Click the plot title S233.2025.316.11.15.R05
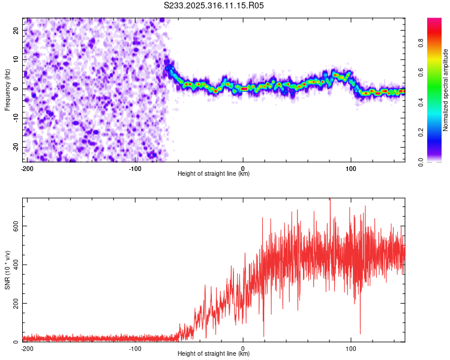coord(214,5)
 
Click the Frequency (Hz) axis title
coord(7,89)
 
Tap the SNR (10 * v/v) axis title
coord(7,270)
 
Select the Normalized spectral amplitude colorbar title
coord(446,90)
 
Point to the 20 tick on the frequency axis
coord(17,30)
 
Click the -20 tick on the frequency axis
coord(16,147)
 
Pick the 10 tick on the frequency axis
coord(17,59)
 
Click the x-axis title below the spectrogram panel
coord(214,174)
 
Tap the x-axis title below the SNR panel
coord(214,354)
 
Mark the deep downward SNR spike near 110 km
coord(360,333)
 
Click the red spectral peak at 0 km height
coord(244,88)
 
